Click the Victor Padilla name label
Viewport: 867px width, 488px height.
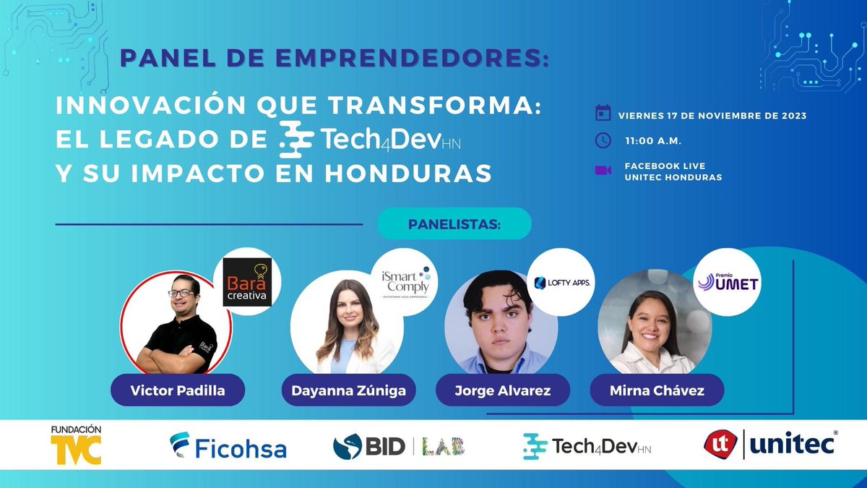tap(178, 390)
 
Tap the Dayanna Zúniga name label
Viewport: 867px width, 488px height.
tap(348, 390)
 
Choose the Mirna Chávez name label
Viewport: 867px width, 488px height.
tap(657, 390)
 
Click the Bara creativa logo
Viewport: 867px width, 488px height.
tap(247, 282)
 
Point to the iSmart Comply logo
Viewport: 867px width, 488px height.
tap(405, 282)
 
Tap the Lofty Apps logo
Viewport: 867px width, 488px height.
tap(561, 283)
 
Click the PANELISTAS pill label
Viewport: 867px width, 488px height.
tap(454, 223)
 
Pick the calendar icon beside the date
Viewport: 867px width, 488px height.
tap(603, 114)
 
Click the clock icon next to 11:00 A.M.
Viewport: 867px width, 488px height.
tap(603, 140)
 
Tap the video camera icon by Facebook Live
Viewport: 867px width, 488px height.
tap(603, 171)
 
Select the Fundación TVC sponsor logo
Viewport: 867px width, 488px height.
tap(76, 445)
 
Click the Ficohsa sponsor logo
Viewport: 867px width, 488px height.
tap(228, 446)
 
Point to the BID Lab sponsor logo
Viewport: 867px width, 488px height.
tap(399, 446)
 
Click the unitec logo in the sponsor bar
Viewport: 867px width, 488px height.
tap(770, 443)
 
